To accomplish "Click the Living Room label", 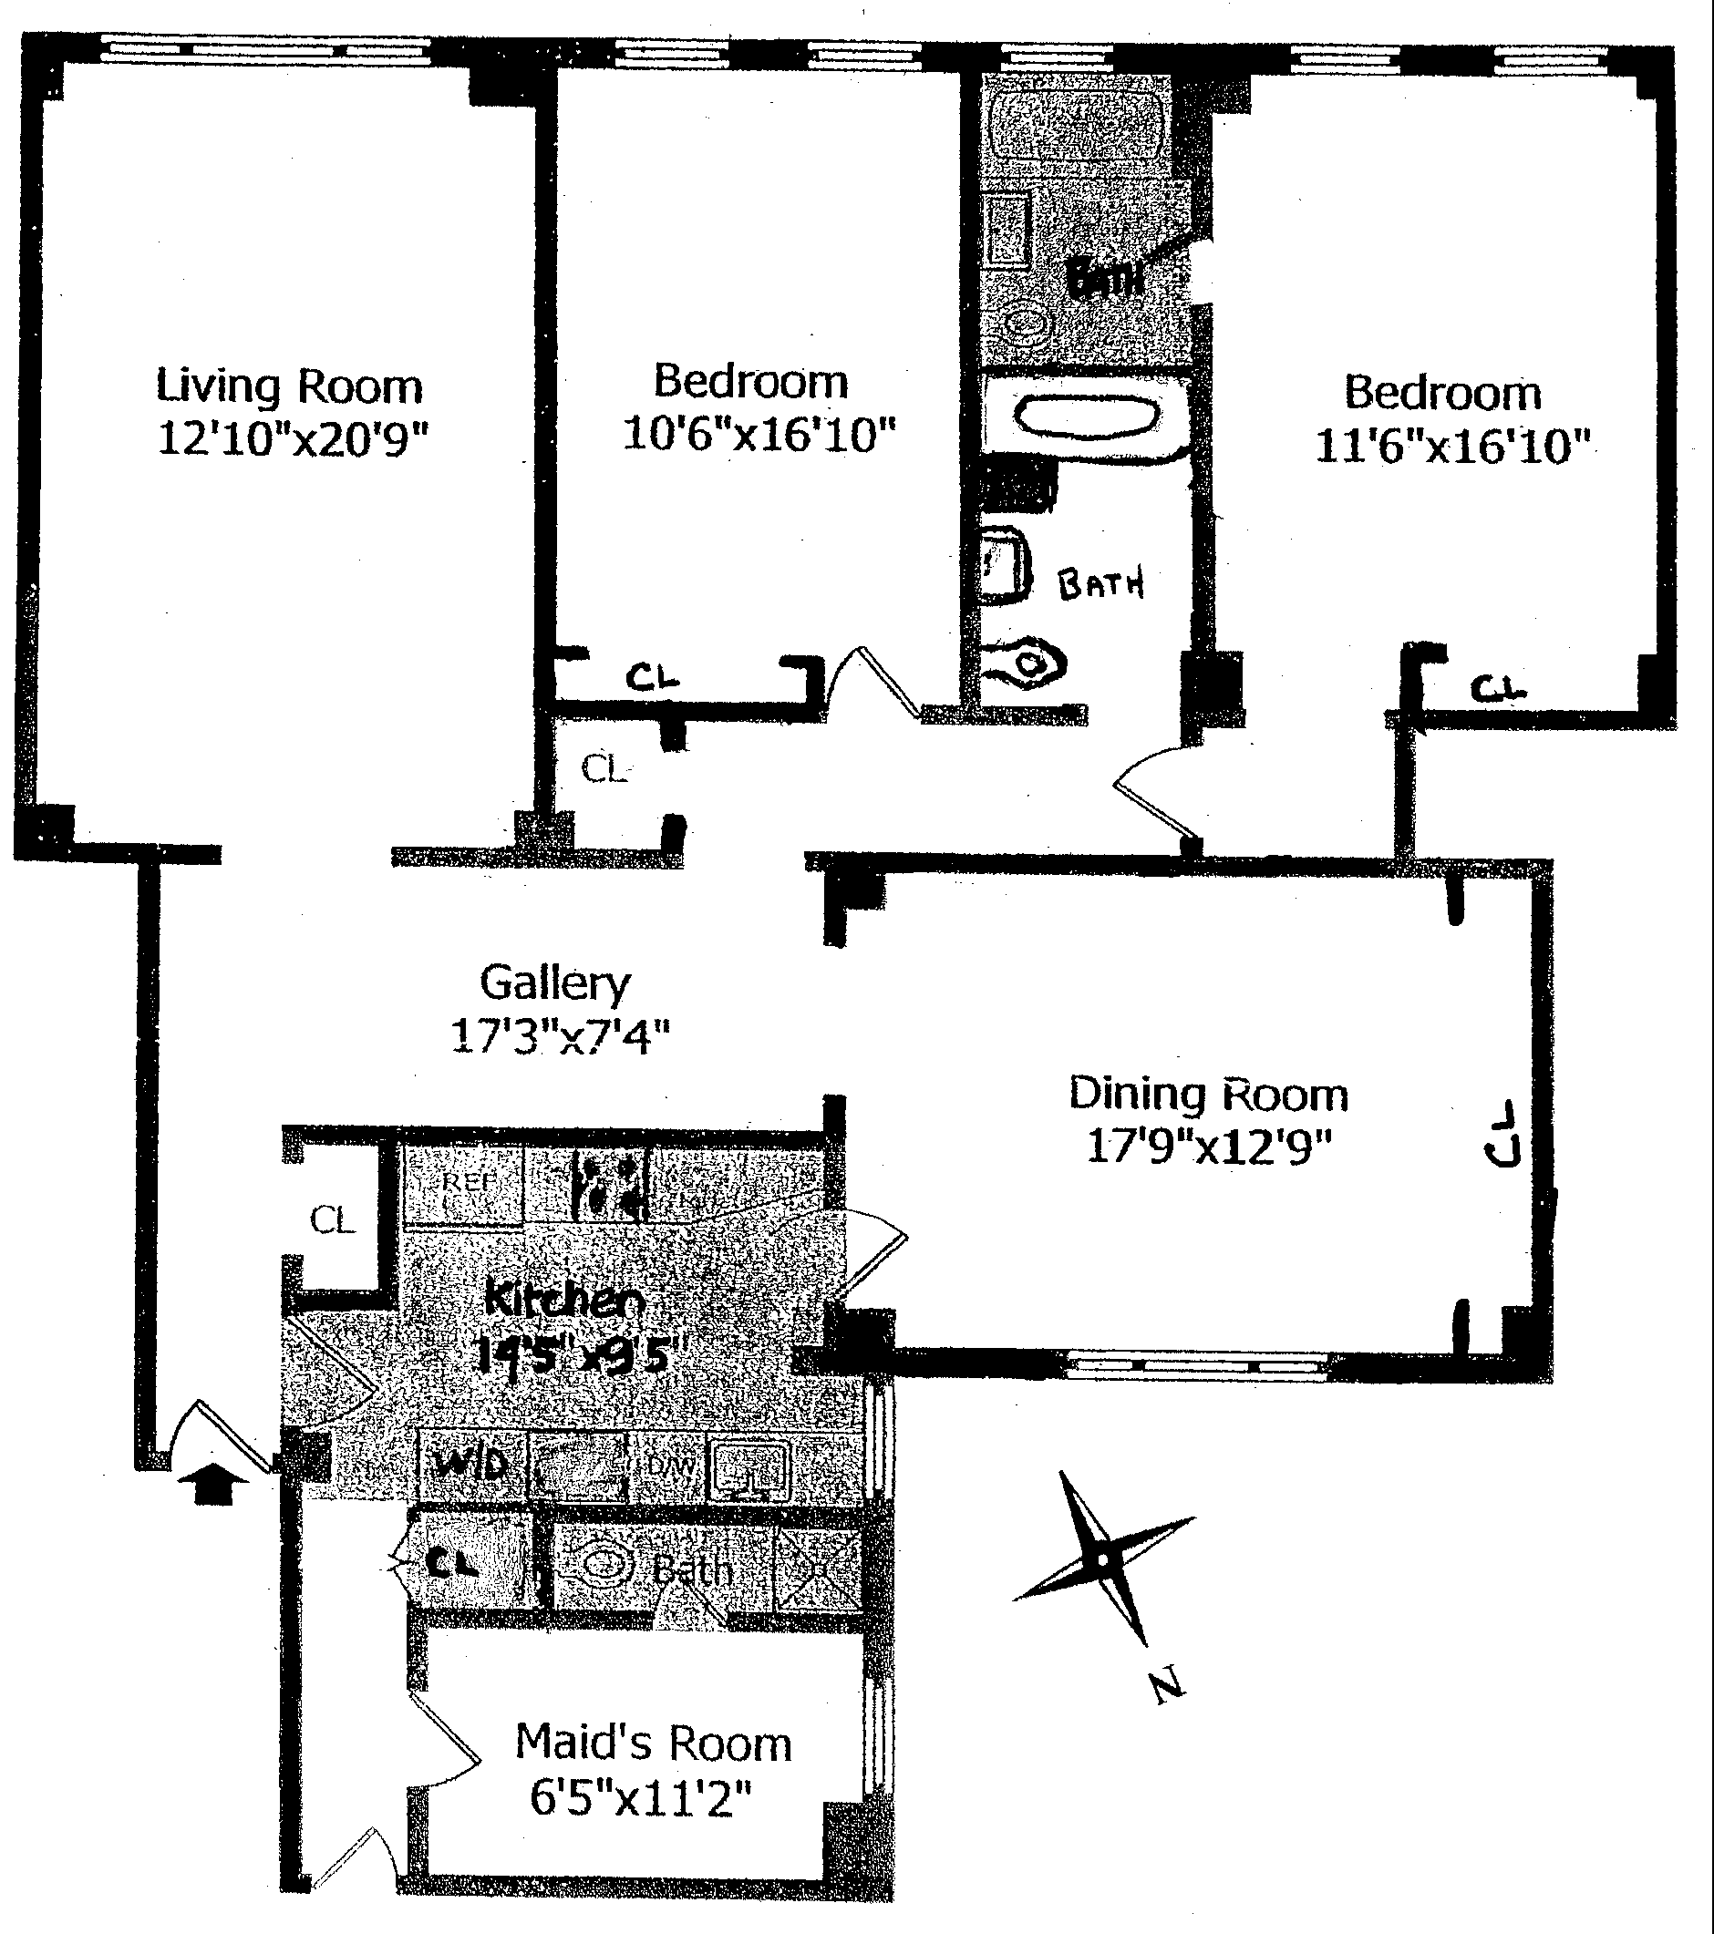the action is coord(289,387).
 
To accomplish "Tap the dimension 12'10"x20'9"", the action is coord(293,439).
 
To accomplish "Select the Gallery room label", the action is coord(554,983).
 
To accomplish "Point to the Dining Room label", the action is coord(1209,1095).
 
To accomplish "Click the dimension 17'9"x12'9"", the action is coord(1209,1147).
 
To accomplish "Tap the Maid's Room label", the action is coord(653,1743).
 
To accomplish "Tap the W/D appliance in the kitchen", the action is coord(470,1465).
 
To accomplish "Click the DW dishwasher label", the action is coord(671,1466).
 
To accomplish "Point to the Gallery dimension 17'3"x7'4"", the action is coord(561,1035).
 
